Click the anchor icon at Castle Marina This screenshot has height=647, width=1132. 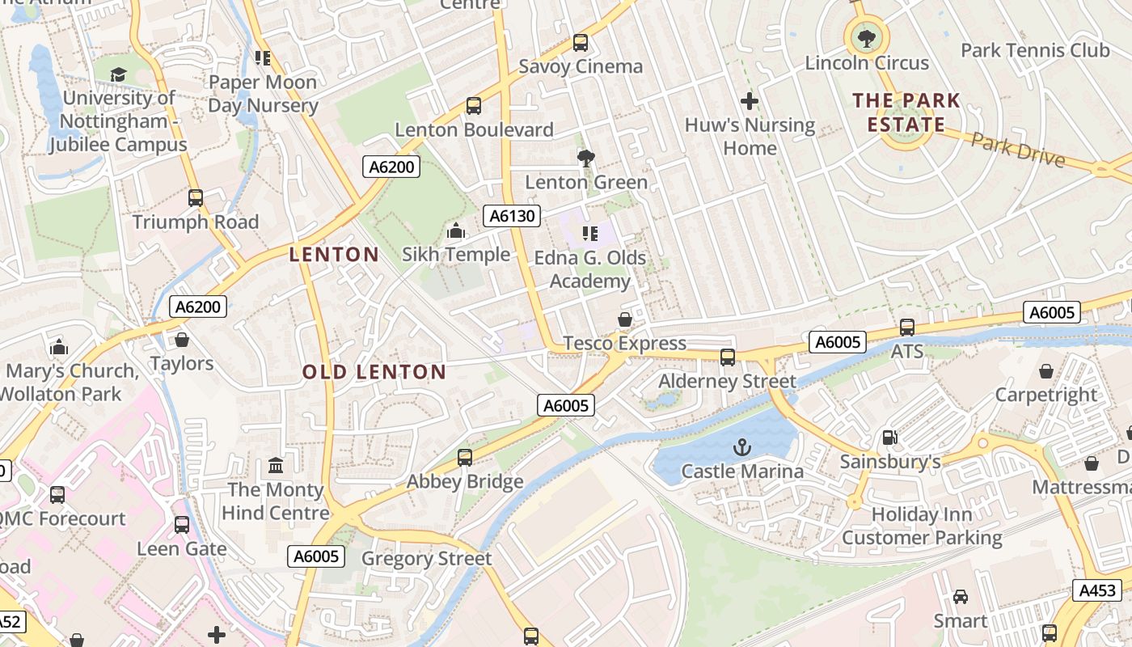tap(741, 447)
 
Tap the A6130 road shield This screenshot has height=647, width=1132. tap(511, 215)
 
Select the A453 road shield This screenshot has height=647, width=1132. tap(1097, 590)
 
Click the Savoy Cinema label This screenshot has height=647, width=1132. tap(581, 66)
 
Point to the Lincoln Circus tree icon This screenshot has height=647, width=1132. tap(867, 36)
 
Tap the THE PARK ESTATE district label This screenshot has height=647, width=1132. tap(906, 112)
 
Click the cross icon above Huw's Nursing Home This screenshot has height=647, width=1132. tap(750, 101)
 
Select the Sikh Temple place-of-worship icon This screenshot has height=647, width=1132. tap(456, 231)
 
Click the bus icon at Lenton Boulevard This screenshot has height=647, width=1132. tap(474, 106)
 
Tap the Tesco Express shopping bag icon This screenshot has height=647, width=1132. tap(625, 319)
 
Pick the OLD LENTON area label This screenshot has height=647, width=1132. tap(374, 372)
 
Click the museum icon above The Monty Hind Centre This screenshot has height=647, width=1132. tap(276, 466)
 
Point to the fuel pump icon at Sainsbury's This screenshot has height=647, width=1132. tap(889, 438)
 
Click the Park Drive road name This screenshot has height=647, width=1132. tap(1017, 150)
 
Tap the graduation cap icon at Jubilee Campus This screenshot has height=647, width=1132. tap(119, 75)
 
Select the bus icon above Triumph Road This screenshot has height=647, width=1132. tap(195, 198)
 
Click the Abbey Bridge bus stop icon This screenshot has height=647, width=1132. tap(465, 458)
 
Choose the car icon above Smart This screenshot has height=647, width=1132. tap(961, 597)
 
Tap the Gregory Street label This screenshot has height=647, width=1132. tap(426, 559)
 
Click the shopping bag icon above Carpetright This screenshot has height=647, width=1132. tap(1046, 371)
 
